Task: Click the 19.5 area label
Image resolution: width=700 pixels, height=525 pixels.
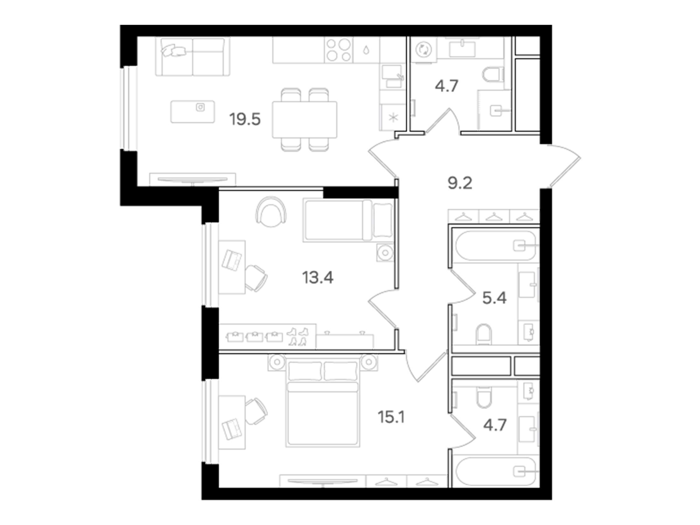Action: click(245, 120)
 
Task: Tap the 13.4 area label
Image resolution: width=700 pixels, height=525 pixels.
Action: click(318, 278)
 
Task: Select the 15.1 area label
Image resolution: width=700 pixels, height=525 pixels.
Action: click(391, 417)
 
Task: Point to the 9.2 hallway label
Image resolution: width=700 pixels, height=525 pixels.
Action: click(460, 183)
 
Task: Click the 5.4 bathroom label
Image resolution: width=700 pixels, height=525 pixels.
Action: click(494, 298)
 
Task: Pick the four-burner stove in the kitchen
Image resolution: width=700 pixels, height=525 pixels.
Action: click(339, 50)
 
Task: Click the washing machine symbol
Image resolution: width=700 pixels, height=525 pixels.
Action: click(423, 50)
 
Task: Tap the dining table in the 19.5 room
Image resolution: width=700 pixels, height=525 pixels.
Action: click(304, 119)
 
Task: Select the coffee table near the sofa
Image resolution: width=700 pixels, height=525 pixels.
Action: click(192, 112)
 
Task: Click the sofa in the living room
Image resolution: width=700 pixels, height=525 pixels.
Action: click(193, 57)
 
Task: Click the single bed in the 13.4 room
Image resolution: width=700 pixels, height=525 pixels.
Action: click(348, 220)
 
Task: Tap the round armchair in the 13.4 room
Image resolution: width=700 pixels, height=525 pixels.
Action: click(271, 212)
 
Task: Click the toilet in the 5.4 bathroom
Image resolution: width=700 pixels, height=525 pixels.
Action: click(484, 334)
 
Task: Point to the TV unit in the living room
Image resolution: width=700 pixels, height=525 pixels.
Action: click(193, 179)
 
